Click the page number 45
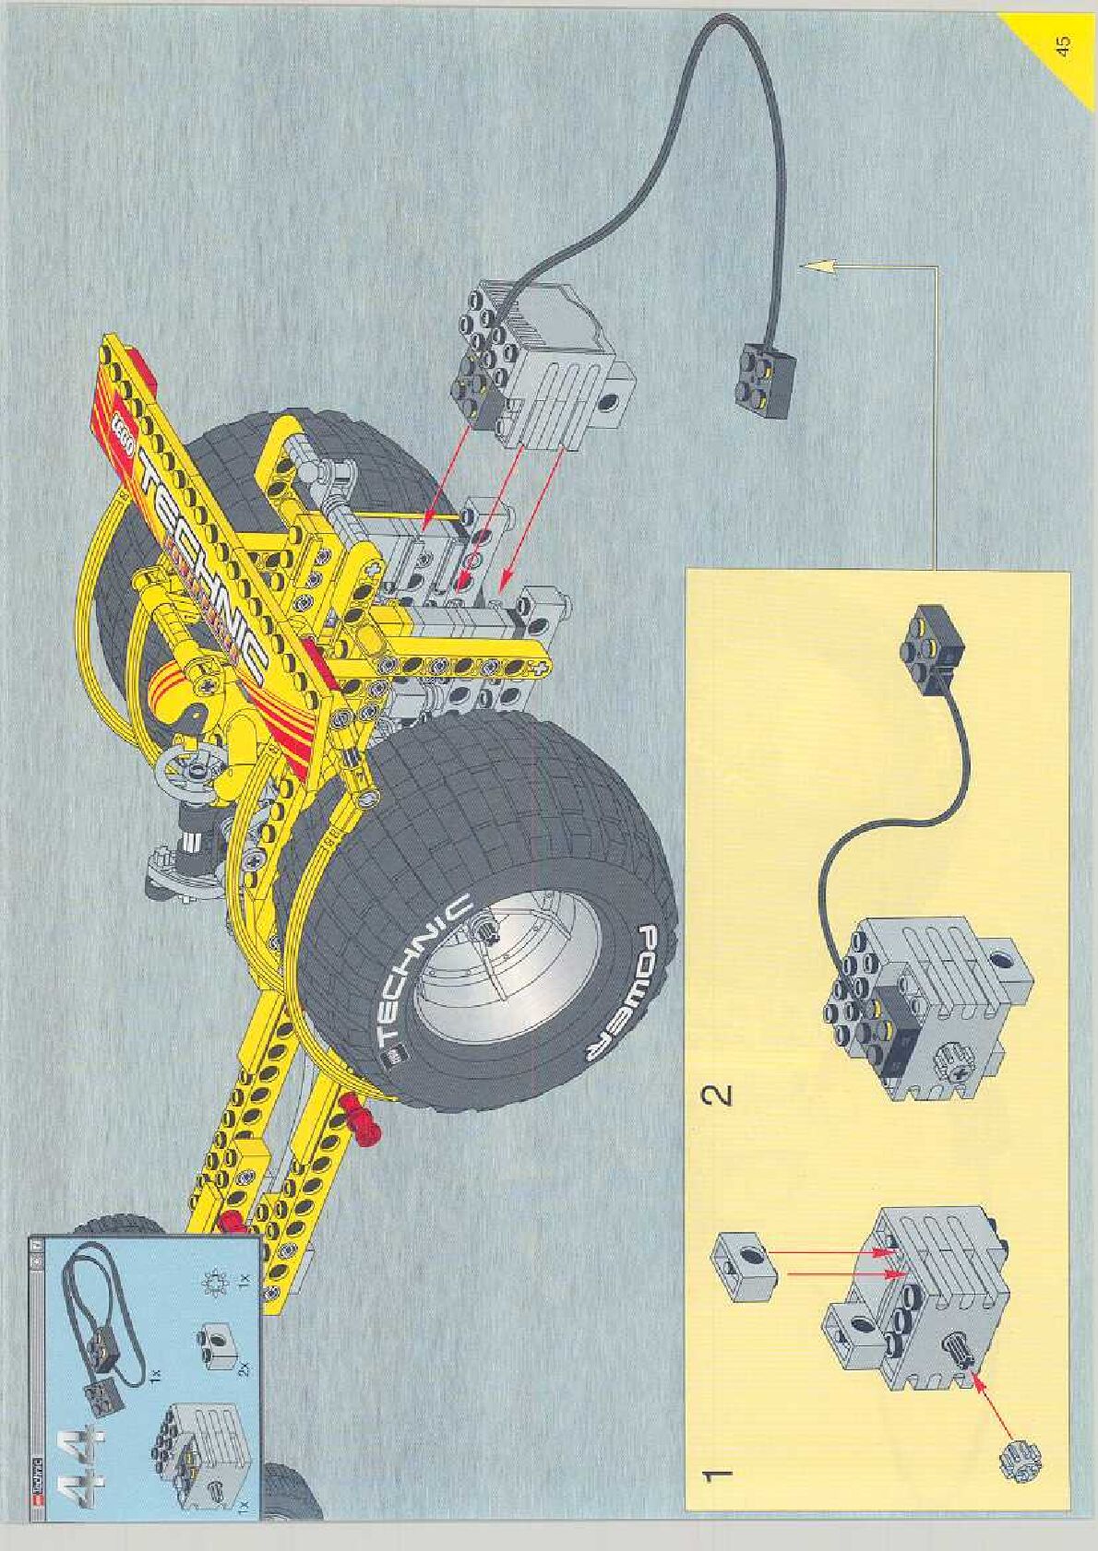pyautogui.click(x=1064, y=46)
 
